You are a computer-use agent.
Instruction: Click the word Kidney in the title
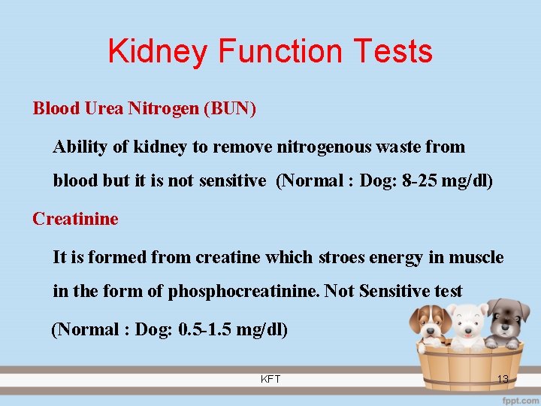[159, 52]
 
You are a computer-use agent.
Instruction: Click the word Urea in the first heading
[104, 108]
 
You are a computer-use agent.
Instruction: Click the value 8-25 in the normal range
[421, 180]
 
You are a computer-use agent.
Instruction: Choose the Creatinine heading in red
[75, 219]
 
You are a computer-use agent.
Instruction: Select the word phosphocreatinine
[245, 291]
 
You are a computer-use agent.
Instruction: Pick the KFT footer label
[270, 379]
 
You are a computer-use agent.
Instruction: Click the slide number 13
[503, 379]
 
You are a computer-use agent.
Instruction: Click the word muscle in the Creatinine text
[476, 257]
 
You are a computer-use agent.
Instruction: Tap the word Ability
[80, 147]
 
